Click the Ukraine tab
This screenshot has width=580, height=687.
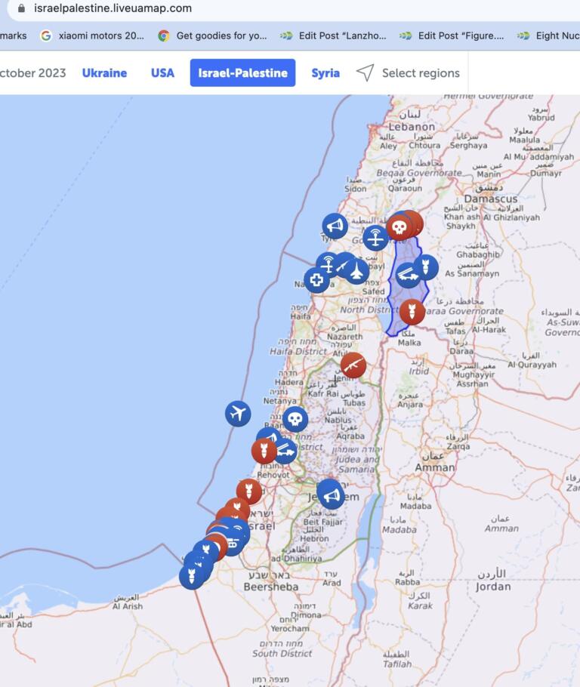[104, 73]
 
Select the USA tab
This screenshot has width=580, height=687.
[162, 73]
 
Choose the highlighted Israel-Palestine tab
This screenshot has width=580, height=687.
[242, 73]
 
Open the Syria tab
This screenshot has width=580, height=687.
[325, 73]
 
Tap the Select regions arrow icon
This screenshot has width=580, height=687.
[366, 73]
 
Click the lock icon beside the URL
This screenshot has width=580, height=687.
[21, 8]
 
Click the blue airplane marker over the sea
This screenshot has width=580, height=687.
[238, 413]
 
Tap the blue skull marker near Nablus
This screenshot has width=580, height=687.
[295, 419]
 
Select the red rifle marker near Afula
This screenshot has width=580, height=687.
[353, 365]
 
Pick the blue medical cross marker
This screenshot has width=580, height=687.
[317, 280]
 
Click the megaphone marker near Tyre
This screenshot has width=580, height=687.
[335, 226]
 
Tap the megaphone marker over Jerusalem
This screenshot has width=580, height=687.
[329, 495]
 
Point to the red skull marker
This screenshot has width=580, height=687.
[400, 226]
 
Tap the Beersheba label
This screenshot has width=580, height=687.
[271, 587]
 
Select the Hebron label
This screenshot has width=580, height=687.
[315, 538]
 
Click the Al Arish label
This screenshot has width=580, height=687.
[128, 605]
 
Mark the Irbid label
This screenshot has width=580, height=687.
[418, 371]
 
